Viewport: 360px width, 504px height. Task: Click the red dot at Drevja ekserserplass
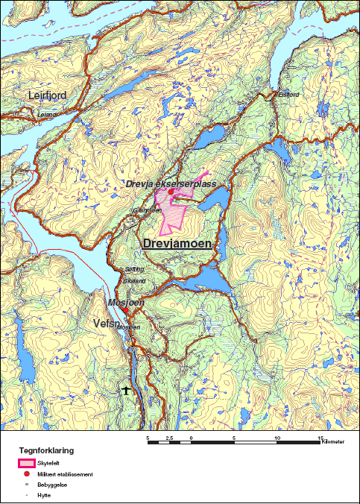(x=171, y=192)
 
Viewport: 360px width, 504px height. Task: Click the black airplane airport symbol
(x=127, y=390)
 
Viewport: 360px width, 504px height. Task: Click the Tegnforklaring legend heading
(x=46, y=451)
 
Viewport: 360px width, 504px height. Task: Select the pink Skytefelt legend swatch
(x=27, y=463)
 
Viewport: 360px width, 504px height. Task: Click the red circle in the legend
(x=27, y=474)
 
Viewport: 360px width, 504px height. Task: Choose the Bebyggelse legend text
(x=51, y=485)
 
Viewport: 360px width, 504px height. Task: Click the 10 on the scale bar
(x=278, y=438)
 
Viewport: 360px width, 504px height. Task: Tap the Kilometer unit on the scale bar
(x=334, y=444)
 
